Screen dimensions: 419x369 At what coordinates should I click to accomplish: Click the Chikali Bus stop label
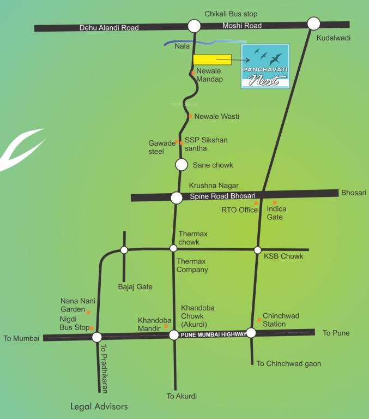pos(231,14)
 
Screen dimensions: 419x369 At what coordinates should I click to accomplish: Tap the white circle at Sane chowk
pos(182,164)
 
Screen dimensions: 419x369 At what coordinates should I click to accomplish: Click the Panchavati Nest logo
pos(265,67)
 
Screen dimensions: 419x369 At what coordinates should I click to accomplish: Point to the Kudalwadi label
pos(333,38)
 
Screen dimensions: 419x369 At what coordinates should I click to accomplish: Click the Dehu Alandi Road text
pos(109,27)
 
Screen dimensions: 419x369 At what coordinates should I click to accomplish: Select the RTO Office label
pos(239,209)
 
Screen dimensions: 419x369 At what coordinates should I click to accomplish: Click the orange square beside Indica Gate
pos(275,202)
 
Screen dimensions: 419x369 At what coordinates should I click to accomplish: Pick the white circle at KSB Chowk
pos(258,250)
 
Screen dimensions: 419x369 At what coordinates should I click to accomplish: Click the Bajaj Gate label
pos(135,286)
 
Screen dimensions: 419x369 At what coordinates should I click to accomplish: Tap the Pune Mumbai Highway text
pos(212,334)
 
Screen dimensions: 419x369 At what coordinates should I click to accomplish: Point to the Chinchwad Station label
pos(281,320)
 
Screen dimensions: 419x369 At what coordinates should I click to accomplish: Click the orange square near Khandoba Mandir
pos(166,326)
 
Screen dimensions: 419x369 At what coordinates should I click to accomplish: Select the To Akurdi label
pos(182,396)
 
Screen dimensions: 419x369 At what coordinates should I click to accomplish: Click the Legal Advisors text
pos(99,406)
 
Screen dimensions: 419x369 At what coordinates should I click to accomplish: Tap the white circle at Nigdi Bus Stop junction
pos(97,337)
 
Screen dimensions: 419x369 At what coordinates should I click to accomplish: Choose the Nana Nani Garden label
pos(73,304)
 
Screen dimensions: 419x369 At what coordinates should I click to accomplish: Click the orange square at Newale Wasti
pos(190,116)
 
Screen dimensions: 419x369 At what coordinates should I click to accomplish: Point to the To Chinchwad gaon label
pos(289,363)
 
